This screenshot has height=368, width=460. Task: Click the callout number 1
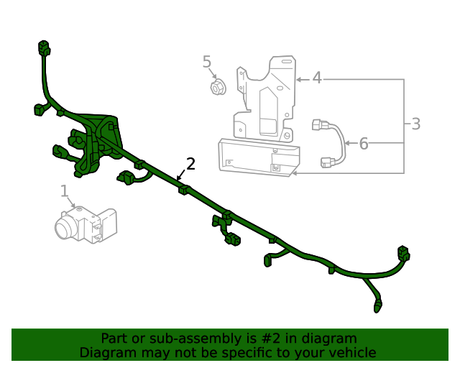tap(64, 190)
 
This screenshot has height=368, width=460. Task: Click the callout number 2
tap(190, 164)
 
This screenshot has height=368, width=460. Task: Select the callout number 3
tap(415, 124)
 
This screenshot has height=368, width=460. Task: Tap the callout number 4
tap(317, 78)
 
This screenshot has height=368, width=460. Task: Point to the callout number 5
tap(207, 62)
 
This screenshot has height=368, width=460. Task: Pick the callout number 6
tap(364, 144)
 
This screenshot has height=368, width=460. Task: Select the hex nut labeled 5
tap(216, 88)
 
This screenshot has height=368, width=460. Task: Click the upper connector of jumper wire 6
tap(320, 126)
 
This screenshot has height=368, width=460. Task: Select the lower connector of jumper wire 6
tap(329, 163)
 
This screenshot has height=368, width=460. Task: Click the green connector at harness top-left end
tap(44, 50)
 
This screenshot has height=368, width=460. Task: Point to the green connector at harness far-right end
tap(402, 253)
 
